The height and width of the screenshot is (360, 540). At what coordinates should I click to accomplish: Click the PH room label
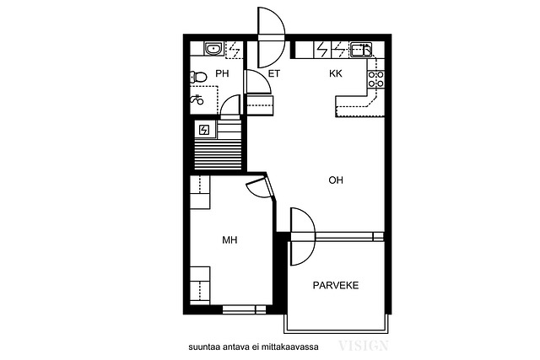pyautogui.click(x=222, y=73)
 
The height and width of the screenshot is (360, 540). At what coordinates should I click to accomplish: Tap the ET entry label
pyautogui.click(x=274, y=73)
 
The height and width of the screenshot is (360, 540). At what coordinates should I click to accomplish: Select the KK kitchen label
pyautogui.click(x=336, y=73)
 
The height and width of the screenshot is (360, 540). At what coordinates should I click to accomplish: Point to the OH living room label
pyautogui.click(x=336, y=180)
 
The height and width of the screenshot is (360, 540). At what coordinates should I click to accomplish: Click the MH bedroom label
pyautogui.click(x=229, y=240)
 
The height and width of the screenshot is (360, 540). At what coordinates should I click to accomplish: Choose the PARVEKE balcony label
pyautogui.click(x=336, y=285)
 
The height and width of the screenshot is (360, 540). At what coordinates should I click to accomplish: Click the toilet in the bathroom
pyautogui.click(x=197, y=77)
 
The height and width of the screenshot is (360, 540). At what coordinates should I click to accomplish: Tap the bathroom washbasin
pyautogui.click(x=213, y=49)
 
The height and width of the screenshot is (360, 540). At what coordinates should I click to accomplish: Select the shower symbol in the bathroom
pyautogui.click(x=197, y=99)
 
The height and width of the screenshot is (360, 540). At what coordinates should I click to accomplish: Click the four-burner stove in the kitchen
pyautogui.click(x=376, y=78)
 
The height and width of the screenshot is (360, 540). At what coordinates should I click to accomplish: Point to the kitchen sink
pyautogui.click(x=361, y=49)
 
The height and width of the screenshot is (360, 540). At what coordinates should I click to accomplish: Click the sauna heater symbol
pyautogui.click(x=204, y=130)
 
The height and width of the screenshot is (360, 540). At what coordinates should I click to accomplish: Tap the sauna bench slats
pyautogui.click(x=218, y=154)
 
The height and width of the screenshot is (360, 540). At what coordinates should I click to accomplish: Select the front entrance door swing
pyautogui.click(x=272, y=37)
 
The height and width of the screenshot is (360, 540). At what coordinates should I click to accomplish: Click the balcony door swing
pyautogui.click(x=303, y=236)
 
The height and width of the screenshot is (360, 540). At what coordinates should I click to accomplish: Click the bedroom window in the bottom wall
pyautogui.click(x=244, y=309)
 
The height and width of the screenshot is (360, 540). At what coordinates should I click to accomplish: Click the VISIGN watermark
pyautogui.click(x=364, y=346)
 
